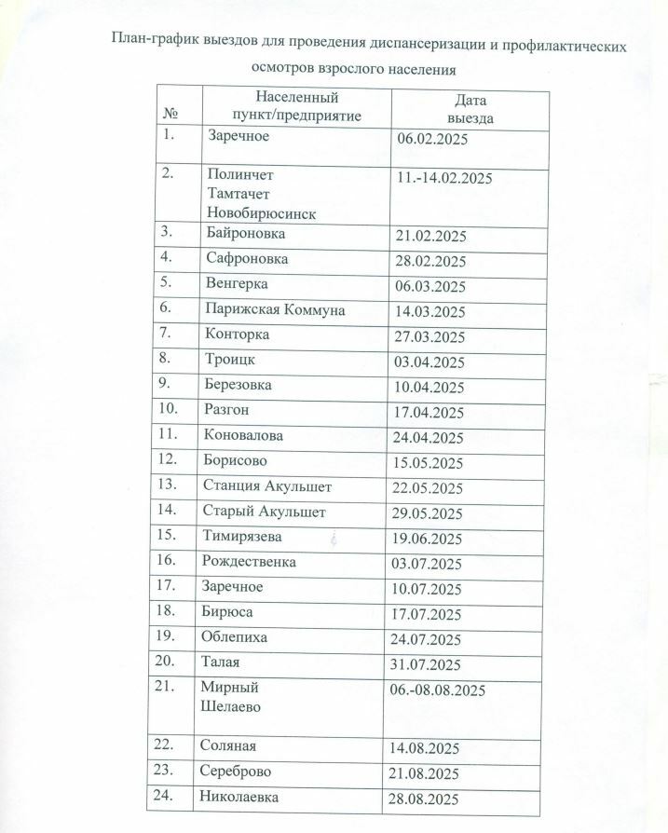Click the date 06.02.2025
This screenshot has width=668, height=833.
[x=430, y=140]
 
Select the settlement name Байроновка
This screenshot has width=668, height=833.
[x=246, y=233]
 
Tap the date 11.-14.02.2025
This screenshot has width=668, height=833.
[x=444, y=178]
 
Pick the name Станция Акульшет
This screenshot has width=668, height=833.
[x=266, y=485]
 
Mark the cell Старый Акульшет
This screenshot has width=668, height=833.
[x=264, y=512]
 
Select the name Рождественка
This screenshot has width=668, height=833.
[x=250, y=562]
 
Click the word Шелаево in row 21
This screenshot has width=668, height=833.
[x=230, y=707]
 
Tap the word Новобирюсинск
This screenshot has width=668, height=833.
[x=262, y=213]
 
